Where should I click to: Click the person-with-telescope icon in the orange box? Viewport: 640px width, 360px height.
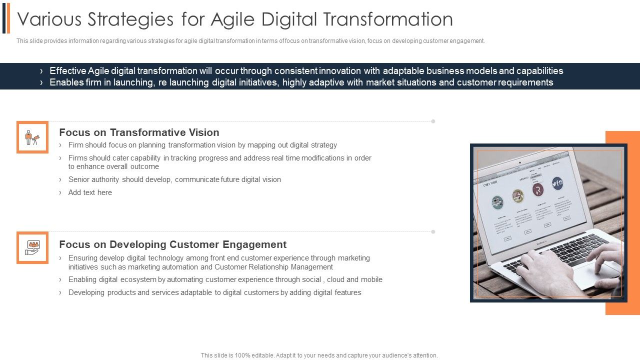32,137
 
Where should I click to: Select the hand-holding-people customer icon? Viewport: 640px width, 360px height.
32,247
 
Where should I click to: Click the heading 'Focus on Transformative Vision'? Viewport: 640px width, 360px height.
139,132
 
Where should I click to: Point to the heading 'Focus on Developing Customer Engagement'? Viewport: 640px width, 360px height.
172,244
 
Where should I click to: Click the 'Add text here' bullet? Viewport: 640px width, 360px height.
90,192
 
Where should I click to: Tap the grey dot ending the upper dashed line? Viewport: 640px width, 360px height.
433,121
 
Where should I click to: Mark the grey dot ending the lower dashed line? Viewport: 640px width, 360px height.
433,231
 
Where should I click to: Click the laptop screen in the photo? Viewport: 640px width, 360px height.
530,200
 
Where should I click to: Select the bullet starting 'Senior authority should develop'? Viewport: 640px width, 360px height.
174,179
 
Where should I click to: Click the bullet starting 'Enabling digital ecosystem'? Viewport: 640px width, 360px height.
225,279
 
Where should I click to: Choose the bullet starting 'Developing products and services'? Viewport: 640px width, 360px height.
214,292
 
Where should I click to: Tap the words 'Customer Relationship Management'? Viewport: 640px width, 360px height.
274,267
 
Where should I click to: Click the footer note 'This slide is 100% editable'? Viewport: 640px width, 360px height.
319,355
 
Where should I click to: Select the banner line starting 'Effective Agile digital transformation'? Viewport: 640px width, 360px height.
306,71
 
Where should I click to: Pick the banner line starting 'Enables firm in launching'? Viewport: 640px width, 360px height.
301,82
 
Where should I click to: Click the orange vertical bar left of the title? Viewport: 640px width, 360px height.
8,18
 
